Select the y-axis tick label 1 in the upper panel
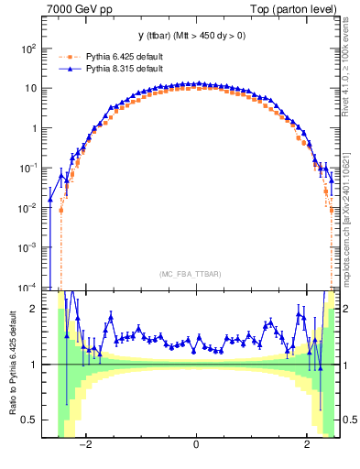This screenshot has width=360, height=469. click(34, 129)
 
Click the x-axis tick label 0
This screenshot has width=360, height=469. click(196, 446)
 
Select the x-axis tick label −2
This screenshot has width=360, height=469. click(85, 446)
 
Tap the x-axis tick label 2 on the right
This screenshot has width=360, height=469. click(307, 446)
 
